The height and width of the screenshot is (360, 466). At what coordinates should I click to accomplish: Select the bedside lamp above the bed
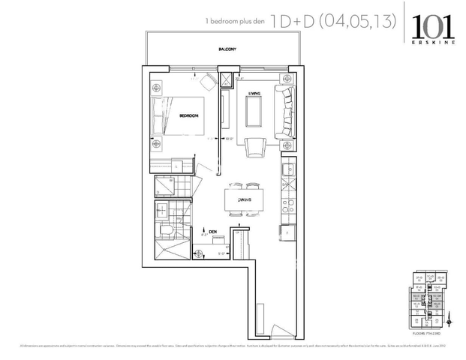157,88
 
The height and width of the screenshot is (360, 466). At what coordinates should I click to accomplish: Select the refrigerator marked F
287,234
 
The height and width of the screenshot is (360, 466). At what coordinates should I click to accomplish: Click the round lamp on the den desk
200,253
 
